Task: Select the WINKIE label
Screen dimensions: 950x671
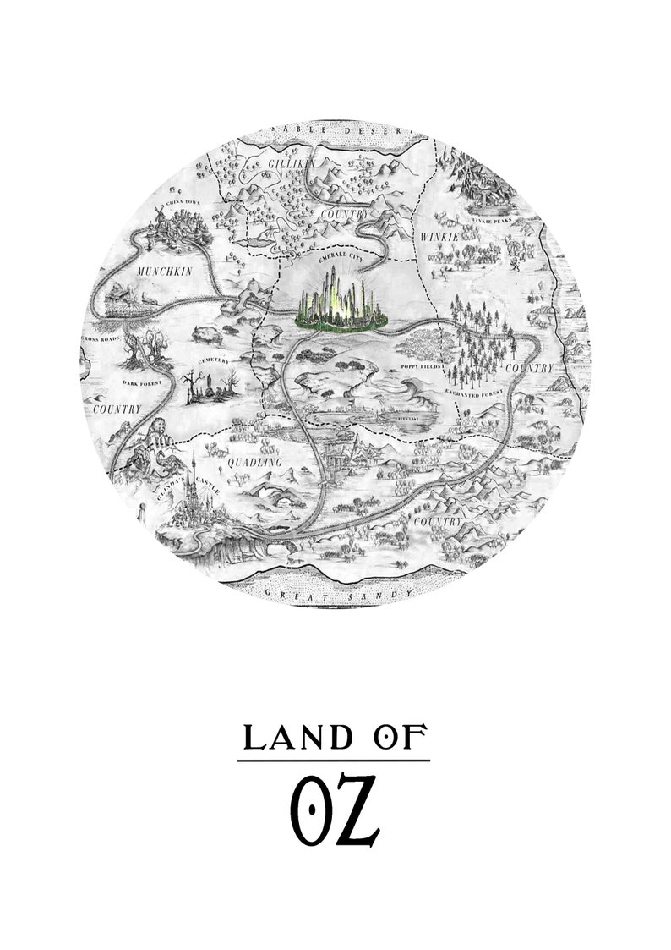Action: [439, 238]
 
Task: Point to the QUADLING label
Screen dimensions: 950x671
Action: [254, 463]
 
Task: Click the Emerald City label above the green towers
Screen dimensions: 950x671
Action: [340, 262]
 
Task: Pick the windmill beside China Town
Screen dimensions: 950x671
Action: [158, 217]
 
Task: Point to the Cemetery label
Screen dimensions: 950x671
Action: [213, 361]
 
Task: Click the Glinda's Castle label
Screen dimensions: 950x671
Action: [183, 481]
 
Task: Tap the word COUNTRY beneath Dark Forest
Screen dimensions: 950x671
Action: [117, 409]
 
